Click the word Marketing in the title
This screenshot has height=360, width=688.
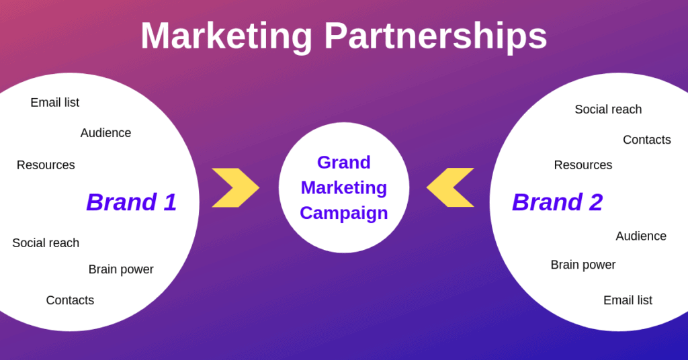(x=226, y=37)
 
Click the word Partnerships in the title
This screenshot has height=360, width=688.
(x=435, y=37)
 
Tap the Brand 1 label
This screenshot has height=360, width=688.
(x=132, y=202)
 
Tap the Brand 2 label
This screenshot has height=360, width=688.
(x=557, y=202)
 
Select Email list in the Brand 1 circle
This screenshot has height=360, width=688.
(x=55, y=103)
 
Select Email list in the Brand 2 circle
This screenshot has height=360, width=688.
(x=628, y=300)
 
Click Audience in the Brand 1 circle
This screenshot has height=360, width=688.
(x=105, y=133)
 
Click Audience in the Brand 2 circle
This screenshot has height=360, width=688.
(x=641, y=236)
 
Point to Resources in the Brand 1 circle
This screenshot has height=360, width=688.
(x=46, y=165)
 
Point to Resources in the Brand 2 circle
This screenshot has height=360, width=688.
(x=583, y=165)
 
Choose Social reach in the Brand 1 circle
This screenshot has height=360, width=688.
(x=46, y=243)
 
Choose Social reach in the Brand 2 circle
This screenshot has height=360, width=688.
(x=608, y=109)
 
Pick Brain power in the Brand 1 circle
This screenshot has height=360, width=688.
(x=121, y=269)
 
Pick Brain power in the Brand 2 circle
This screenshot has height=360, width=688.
(x=583, y=265)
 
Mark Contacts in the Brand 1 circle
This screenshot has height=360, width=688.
(x=70, y=300)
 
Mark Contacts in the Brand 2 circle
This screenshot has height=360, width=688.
(x=647, y=140)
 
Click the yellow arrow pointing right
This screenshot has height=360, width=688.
(x=242, y=187)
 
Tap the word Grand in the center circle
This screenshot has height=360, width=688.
(x=344, y=163)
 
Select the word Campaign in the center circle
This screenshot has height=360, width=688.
(x=344, y=214)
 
